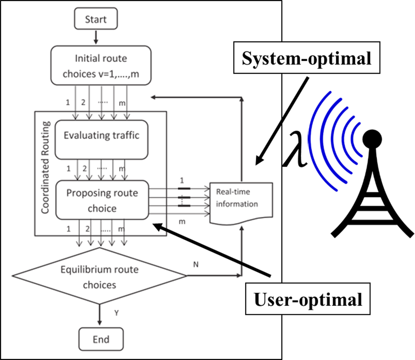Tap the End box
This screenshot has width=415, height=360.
(101, 339)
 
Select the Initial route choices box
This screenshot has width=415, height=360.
(101, 65)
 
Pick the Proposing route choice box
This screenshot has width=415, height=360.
(102, 201)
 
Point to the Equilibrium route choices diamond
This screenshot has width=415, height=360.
(100, 276)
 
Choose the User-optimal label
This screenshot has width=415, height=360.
(308, 300)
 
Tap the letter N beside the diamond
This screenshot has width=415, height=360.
(196, 265)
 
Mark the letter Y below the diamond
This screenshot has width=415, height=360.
(116, 313)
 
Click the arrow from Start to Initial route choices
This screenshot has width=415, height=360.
(96, 37)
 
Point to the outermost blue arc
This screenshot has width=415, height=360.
(317, 141)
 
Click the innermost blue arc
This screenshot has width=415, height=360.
(357, 138)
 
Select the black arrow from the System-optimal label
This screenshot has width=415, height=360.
(269, 142)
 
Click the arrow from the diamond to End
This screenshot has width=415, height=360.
(100, 315)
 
